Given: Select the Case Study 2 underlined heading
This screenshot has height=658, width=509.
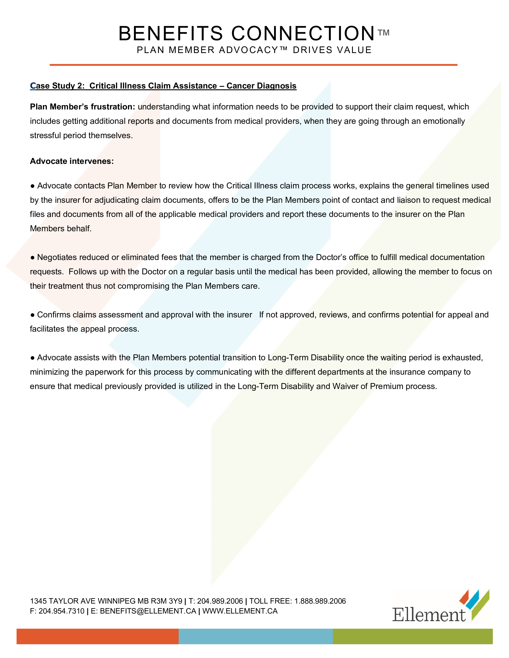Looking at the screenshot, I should tap(163, 86).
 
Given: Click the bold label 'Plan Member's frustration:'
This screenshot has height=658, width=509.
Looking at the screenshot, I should tap(82, 107).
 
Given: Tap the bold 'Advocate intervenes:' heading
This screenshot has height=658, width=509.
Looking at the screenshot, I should tap(72, 161).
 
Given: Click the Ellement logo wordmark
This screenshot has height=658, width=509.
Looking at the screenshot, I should tap(429, 615).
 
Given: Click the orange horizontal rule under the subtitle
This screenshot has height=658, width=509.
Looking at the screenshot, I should tap(253, 65).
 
